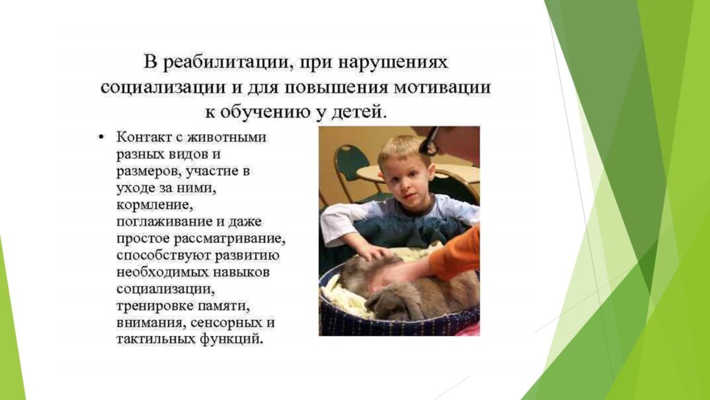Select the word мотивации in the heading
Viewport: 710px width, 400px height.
pyautogui.click(x=442, y=86)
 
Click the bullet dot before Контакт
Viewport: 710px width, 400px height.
pyautogui.click(x=101, y=137)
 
